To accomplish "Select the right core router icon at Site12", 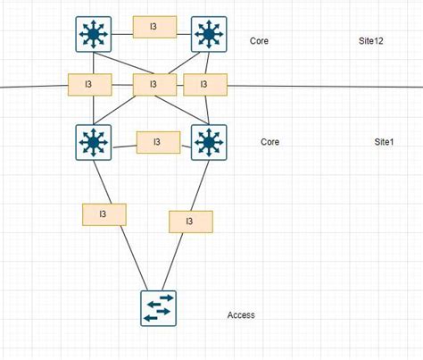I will point(208,34).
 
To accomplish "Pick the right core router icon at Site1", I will point(208,141).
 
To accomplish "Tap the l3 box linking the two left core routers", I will point(89,85).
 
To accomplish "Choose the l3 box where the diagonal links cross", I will point(153,85).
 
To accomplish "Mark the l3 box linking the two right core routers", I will point(204,85).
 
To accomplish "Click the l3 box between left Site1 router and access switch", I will point(104,214).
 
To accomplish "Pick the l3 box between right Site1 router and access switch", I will point(190,221).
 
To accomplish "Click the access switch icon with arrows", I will point(158,307).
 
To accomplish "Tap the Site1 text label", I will point(384,142).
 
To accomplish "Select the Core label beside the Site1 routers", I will point(270,142).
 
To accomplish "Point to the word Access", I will point(241,315).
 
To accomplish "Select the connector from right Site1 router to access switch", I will point(177,259).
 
